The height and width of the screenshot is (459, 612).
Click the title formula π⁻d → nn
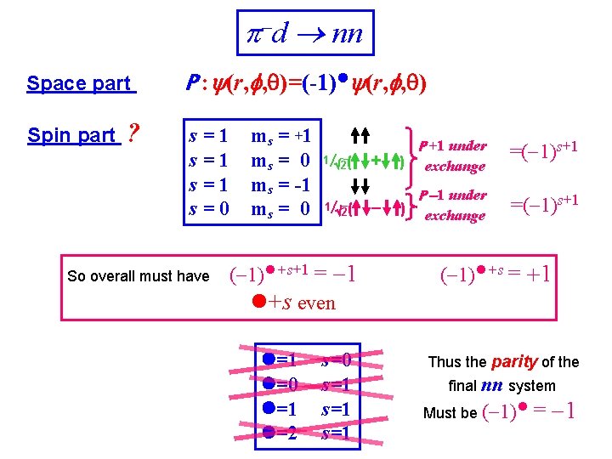point(303,33)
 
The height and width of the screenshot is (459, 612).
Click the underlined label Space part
point(80,83)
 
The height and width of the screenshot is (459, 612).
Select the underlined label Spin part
point(71,135)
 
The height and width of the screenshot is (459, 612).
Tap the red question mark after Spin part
point(132,134)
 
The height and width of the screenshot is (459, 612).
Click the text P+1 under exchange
point(454,156)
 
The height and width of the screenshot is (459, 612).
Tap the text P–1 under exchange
point(454,205)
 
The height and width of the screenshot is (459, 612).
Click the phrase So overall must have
point(138,275)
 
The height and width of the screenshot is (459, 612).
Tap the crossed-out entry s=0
point(336,360)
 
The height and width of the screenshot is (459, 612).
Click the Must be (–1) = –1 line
point(500,413)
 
